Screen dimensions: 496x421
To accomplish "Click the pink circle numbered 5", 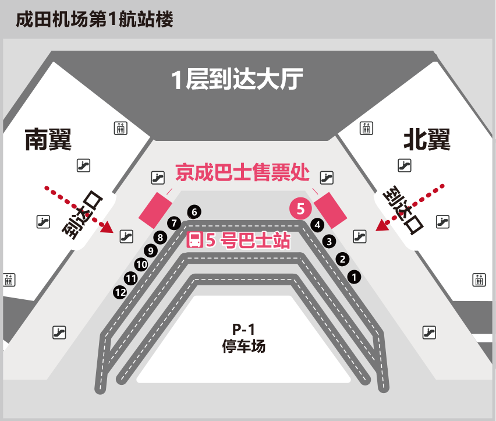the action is tap(300, 208).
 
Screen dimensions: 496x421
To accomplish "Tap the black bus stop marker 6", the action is tap(194, 212).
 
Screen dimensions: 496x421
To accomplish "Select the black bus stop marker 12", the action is tap(120, 292).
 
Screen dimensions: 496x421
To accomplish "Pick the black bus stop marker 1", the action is tap(354, 277).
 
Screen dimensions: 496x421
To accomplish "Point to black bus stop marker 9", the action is tap(151, 251).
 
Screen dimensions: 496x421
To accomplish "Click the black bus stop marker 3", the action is tap(330, 242).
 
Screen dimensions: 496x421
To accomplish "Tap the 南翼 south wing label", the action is tap(48, 140).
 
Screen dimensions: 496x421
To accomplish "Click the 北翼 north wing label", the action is tap(427, 140).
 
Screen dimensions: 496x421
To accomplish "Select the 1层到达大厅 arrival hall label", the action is tap(237, 79).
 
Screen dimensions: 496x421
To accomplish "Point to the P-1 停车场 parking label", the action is tap(243, 338).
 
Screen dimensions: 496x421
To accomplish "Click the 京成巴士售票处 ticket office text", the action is tap(242, 172).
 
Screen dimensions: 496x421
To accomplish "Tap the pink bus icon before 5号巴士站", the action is tap(194, 240).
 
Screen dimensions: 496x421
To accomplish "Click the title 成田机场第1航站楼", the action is tap(94, 19).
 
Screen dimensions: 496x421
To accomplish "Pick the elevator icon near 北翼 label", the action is tap(366, 128).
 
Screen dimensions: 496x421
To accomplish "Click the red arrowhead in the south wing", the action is tap(107, 227).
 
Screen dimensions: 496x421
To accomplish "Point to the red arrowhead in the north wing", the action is tap(381, 225).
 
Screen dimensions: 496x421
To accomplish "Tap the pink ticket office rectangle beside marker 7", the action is tap(155, 210).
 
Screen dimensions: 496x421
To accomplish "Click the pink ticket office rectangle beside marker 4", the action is tap(330, 210).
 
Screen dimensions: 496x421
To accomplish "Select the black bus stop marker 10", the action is tap(141, 264).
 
